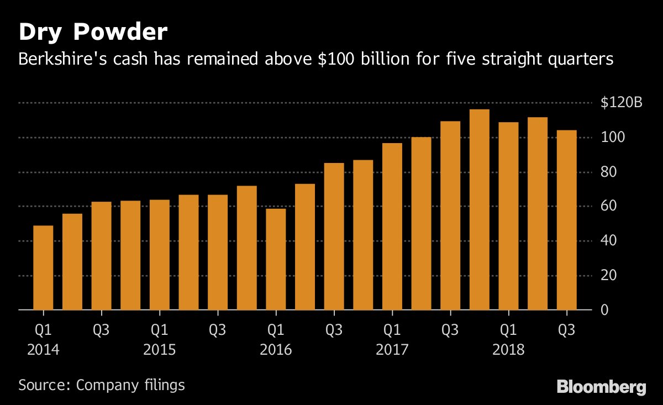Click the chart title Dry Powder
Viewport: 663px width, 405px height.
pos(92,33)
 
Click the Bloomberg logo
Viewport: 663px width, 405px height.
pos(601,386)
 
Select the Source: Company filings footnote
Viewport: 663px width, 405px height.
pos(102,385)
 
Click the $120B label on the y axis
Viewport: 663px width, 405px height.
pos(621,103)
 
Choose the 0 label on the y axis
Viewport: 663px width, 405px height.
pos(606,310)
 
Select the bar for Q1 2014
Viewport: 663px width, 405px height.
pos(43,268)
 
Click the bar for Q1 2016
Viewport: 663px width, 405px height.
pos(276,260)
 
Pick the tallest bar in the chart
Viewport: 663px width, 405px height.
pos(479,210)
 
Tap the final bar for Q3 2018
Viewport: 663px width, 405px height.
pos(567,220)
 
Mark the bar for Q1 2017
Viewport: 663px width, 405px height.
pos(392,227)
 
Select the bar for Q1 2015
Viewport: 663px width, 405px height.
pos(160,255)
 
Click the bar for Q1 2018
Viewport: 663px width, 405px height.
pos(508,216)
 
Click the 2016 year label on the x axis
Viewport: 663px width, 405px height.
pos(276,350)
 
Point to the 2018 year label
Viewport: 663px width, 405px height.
pos(508,350)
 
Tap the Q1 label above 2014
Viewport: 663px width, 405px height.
pos(43,331)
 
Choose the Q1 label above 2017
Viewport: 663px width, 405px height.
pos(392,331)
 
